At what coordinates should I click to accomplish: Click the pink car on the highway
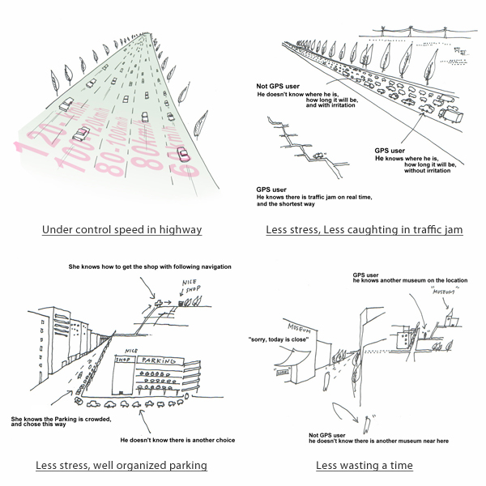(x=183, y=155)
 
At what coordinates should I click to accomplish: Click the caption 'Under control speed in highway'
(x=122, y=229)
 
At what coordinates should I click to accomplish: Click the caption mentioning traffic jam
(x=364, y=229)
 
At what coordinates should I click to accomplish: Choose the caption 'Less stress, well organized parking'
(x=122, y=465)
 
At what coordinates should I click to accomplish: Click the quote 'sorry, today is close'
(x=279, y=338)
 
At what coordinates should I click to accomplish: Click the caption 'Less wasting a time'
(x=364, y=465)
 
